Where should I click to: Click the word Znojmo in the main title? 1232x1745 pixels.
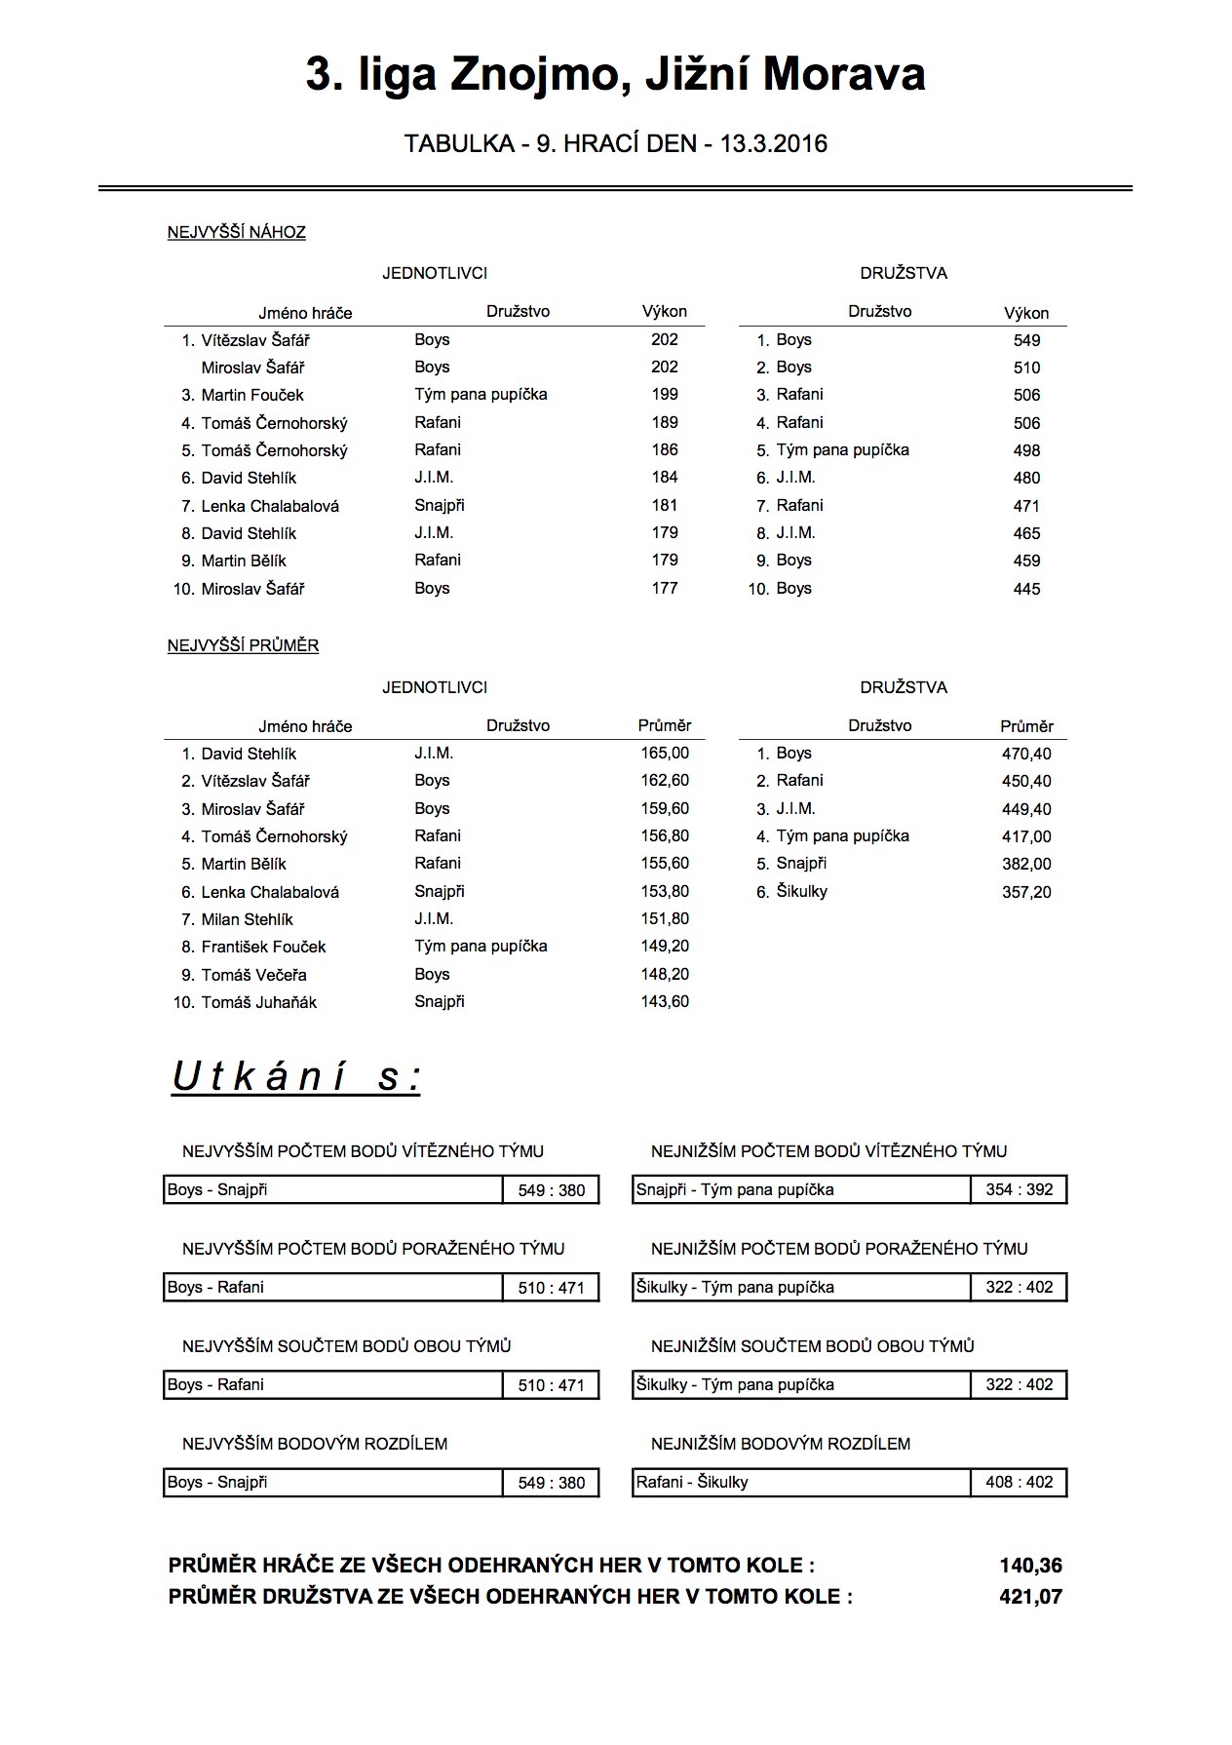(x=525, y=75)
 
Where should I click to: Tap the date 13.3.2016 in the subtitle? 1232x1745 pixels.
(x=774, y=144)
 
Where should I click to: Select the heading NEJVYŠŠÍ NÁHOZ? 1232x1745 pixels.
(x=237, y=232)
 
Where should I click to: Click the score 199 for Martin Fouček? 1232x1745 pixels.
(x=665, y=395)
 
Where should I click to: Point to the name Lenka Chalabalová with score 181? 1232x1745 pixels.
(x=270, y=506)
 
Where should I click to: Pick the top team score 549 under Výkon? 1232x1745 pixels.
(x=1026, y=340)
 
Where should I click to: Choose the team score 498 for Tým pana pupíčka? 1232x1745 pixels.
(x=1026, y=450)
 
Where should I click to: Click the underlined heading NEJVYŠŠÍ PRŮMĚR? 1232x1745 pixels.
(x=244, y=645)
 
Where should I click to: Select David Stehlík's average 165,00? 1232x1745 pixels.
(x=665, y=754)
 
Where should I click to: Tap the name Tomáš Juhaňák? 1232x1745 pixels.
(x=259, y=1002)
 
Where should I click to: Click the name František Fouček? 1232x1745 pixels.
(x=263, y=947)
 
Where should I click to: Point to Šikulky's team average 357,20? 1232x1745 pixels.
(x=1026, y=892)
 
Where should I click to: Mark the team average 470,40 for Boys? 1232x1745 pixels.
(x=1026, y=754)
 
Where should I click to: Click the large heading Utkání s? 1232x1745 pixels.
(x=296, y=1077)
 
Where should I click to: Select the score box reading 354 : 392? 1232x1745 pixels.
(x=1019, y=1189)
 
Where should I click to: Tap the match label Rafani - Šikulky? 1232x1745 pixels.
(x=692, y=1482)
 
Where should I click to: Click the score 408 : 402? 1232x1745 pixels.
(x=1019, y=1482)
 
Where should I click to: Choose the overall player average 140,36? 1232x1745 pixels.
(x=1030, y=1566)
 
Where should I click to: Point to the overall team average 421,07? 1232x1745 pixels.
(x=1030, y=1597)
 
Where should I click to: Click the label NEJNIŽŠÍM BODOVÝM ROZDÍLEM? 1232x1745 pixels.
(x=781, y=1443)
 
